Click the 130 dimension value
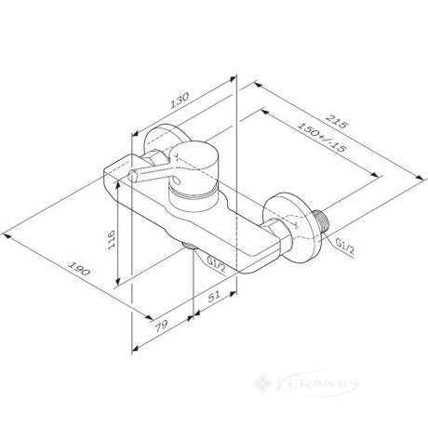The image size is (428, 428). point(180,100)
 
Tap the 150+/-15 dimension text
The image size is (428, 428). point(321,137)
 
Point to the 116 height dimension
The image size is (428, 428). point(111,239)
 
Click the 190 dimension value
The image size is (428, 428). point(79,269)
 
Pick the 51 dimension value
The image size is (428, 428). point(214,296)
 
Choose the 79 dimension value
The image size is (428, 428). point(161,326)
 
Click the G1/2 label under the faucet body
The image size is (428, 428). point(216,265)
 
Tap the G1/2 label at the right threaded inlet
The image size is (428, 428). point(345,247)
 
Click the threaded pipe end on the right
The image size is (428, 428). point(322,221)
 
